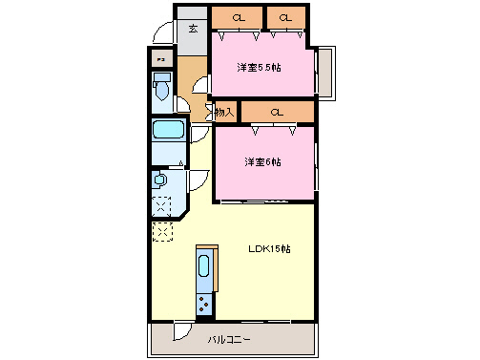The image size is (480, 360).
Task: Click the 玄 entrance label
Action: pyautogui.click(x=193, y=29)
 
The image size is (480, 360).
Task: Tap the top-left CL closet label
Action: pyautogui.click(x=237, y=18)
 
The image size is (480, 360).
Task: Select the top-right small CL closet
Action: pyautogui.click(x=284, y=18)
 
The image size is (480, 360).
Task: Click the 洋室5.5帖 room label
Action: pyautogui.click(x=261, y=67)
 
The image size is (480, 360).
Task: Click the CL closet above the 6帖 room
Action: pyautogui.click(x=277, y=113)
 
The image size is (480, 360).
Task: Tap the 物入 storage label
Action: pyautogui.click(x=224, y=113)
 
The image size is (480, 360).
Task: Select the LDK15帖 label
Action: pyautogui.click(x=269, y=249)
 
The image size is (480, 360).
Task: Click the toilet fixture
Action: pyautogui.click(x=162, y=89)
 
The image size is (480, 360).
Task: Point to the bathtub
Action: pyautogui.click(x=169, y=130)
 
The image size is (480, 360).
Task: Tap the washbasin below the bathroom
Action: pyautogui.click(x=160, y=180)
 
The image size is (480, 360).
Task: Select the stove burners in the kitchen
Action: pyautogui.click(x=205, y=305)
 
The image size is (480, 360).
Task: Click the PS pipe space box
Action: pyautogui.click(x=161, y=59)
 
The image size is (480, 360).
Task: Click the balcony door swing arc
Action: pyautogui.click(x=181, y=334)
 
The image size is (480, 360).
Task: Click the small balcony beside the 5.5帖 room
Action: pyautogui.click(x=323, y=72)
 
